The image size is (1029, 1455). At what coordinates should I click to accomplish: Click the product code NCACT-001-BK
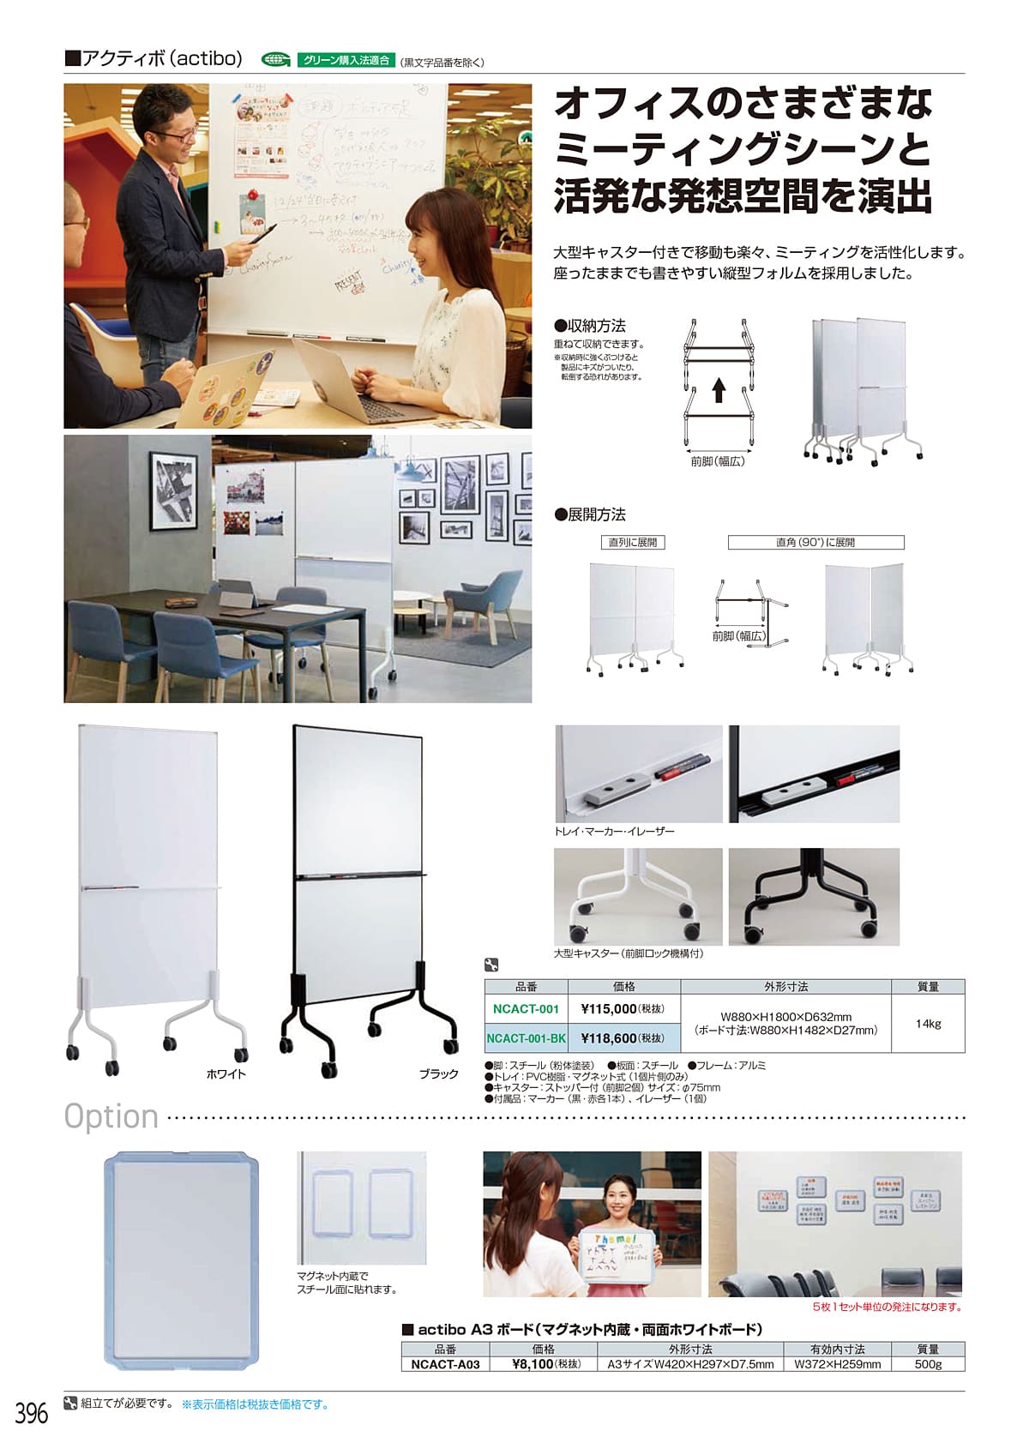pyautogui.click(x=526, y=1038)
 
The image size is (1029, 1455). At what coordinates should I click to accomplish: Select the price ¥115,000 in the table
pyautogui.click(x=608, y=1009)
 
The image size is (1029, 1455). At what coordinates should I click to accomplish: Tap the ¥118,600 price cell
pyautogui.click(x=608, y=1038)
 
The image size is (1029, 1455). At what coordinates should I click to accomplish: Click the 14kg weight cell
pyautogui.click(x=928, y=1024)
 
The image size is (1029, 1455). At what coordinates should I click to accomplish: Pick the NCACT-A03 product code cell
pyautogui.click(x=445, y=1364)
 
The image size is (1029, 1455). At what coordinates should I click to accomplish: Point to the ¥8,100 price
pyautogui.click(x=533, y=1364)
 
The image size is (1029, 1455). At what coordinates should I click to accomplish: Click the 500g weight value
pyautogui.click(x=928, y=1364)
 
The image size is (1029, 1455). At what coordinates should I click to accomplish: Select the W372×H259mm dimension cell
pyautogui.click(x=837, y=1364)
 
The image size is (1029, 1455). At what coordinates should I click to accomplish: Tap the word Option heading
pyautogui.click(x=111, y=1116)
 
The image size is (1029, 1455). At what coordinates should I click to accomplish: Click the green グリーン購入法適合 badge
pyautogui.click(x=346, y=61)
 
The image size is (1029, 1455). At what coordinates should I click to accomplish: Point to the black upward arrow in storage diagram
pyautogui.click(x=719, y=392)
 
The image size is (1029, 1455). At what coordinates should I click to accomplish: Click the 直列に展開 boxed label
pyautogui.click(x=633, y=543)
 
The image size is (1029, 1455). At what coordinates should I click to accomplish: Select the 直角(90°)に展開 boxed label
pyautogui.click(x=815, y=543)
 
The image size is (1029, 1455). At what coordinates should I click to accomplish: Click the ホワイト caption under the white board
pyautogui.click(x=226, y=1073)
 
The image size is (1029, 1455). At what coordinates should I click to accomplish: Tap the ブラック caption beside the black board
pyautogui.click(x=439, y=1073)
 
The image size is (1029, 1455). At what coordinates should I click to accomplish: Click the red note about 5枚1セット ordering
pyautogui.click(x=887, y=1307)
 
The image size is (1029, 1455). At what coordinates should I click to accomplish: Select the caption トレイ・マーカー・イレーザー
pyautogui.click(x=614, y=832)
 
